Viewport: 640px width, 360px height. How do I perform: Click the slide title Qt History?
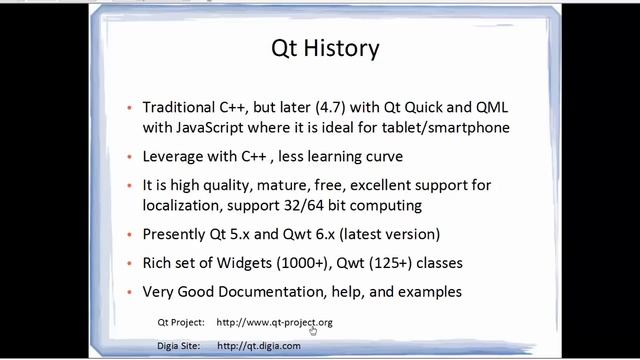click(x=326, y=47)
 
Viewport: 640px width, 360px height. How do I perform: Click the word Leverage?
click(x=178, y=157)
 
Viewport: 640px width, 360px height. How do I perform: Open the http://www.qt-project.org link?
click(x=274, y=322)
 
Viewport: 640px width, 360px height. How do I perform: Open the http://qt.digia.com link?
click(x=258, y=345)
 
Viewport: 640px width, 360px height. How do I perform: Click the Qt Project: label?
click(x=181, y=322)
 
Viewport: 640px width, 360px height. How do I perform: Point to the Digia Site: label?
click(x=181, y=345)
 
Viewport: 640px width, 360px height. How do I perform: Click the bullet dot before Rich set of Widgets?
click(x=131, y=264)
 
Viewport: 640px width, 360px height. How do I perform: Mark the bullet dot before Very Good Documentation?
click(x=131, y=293)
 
